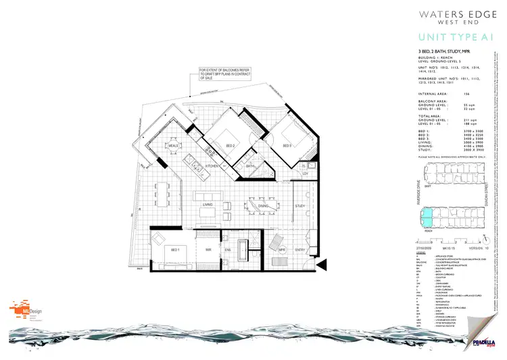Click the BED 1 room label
[158, 249]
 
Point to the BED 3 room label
[287, 146]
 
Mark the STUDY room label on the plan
[299, 207]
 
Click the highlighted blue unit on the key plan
[428, 217]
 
